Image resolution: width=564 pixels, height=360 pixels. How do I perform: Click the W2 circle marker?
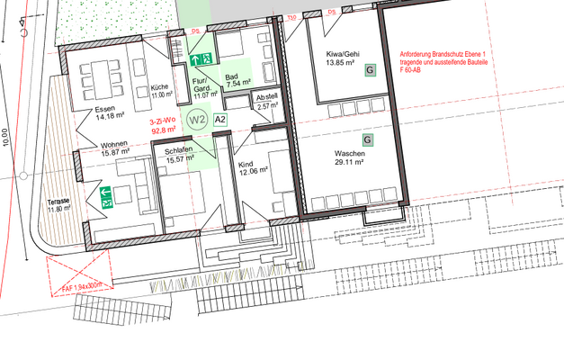(198, 118)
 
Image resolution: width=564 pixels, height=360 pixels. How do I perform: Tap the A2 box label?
(220, 119)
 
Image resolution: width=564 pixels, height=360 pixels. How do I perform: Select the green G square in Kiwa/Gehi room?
(369, 70)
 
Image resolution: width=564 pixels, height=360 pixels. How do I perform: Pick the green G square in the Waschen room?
(367, 139)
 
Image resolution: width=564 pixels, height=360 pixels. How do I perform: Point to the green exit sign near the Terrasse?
(108, 197)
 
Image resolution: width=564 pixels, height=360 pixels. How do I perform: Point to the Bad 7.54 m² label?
(237, 81)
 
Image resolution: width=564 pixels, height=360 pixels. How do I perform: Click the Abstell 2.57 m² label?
(267, 101)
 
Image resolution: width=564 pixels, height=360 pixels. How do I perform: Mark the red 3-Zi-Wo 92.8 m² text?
(164, 125)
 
